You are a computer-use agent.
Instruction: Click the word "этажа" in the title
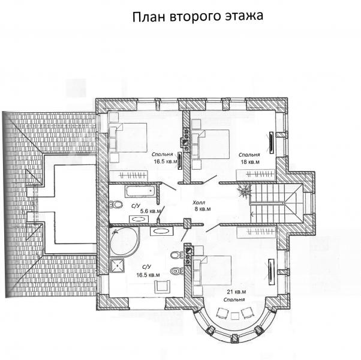[x=244, y=16]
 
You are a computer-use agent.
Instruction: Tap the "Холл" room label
[x=198, y=203]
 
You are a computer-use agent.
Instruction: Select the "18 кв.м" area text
[x=250, y=162]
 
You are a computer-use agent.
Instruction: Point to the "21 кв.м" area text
[x=236, y=292]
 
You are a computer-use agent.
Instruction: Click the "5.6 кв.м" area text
[x=151, y=211]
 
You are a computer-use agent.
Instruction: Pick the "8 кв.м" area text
[x=203, y=209]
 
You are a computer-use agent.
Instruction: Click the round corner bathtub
[x=125, y=242]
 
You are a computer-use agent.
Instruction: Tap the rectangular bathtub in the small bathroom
[x=140, y=191]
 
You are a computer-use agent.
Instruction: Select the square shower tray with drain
[x=117, y=266]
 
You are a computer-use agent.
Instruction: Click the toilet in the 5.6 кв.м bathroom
[x=116, y=204]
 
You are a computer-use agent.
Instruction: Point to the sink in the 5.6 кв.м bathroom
[x=139, y=219]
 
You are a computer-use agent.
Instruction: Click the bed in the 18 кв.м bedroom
[x=210, y=144]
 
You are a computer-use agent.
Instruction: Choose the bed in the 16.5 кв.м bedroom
[x=128, y=137]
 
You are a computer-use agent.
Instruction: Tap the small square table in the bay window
[x=235, y=316]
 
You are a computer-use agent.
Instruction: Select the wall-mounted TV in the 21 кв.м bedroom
[x=271, y=272]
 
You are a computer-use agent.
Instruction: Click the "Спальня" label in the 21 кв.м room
[x=234, y=299]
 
